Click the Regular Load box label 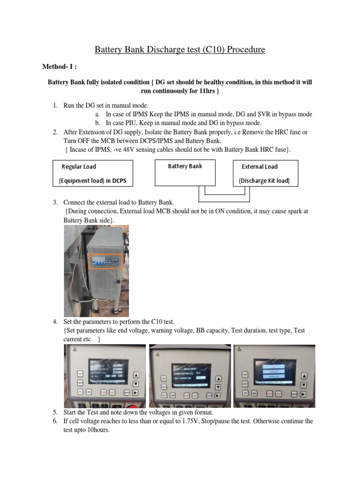[x=79, y=166]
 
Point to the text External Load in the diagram [x=260, y=166]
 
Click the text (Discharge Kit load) [x=264, y=181]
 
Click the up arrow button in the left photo [x=136, y=375]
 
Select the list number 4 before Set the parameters [x=55, y=322]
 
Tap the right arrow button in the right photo [x=304, y=393]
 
